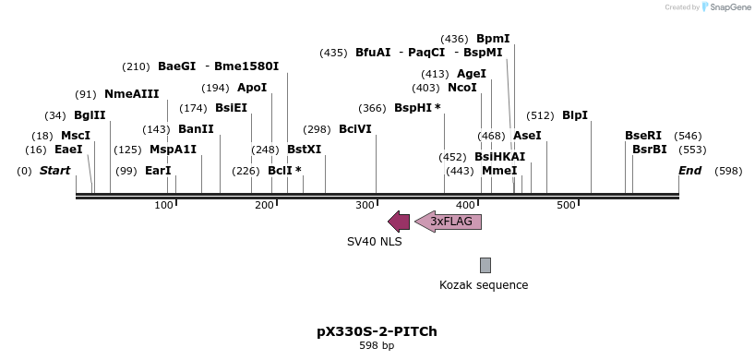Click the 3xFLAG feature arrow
point(449,222)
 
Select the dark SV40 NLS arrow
point(399,222)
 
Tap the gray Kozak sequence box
point(485,265)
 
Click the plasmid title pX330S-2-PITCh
point(377,330)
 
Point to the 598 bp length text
point(377,346)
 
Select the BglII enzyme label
point(90,115)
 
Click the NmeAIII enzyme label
point(131,94)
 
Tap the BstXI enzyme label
point(304,149)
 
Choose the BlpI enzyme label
point(574,115)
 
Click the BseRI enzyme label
point(642,136)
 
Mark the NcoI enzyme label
point(461,88)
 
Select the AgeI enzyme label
point(471,74)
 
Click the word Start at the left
point(54,171)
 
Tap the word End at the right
point(689,171)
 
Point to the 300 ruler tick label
point(366,204)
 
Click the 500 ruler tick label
point(566,204)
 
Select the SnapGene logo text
point(729,7)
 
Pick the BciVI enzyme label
point(354,129)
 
